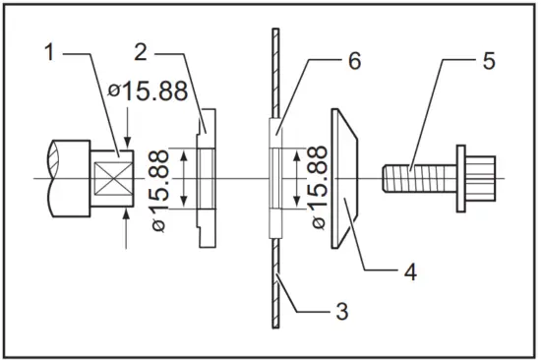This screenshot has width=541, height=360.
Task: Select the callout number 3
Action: [x=341, y=313]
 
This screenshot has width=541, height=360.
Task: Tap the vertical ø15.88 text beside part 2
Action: [x=164, y=189]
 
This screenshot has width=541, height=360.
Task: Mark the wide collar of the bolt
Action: [x=459, y=177]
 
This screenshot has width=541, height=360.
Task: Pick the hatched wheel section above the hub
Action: [x=273, y=79]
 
